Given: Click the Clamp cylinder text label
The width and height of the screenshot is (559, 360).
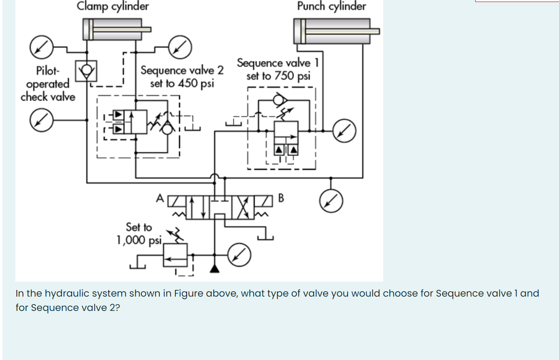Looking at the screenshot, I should [x=113, y=7].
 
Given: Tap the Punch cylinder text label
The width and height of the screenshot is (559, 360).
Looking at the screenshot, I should [x=332, y=7].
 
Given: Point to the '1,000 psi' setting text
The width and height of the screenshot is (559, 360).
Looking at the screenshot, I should [x=139, y=240].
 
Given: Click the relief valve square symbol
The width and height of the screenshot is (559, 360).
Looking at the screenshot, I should [x=175, y=254].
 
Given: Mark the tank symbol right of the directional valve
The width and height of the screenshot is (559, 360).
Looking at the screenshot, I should [x=266, y=236].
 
